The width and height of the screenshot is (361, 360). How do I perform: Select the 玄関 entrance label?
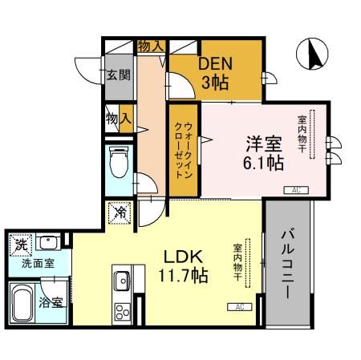click(116, 75)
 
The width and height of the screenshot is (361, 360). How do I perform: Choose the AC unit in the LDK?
click(239, 306)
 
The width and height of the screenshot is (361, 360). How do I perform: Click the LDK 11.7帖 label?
click(186, 267)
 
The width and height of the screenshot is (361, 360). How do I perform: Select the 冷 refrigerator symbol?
click(120, 213)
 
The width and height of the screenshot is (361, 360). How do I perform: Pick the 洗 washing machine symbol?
click(18, 242)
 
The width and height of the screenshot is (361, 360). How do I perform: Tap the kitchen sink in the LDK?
click(122, 281)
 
